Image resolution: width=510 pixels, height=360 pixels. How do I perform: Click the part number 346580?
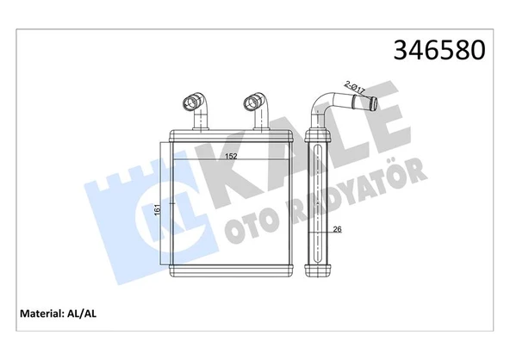[x=438, y=49]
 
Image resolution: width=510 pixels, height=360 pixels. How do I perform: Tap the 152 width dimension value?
[x=232, y=157]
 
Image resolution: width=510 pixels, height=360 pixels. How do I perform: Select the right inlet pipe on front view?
[x=256, y=110]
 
